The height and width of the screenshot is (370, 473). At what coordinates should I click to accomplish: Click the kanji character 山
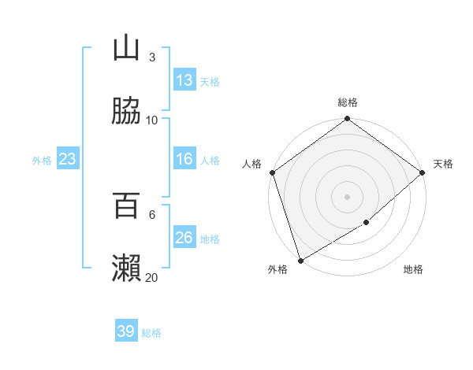[126, 48]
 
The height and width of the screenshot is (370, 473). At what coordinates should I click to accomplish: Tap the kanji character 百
[126, 205]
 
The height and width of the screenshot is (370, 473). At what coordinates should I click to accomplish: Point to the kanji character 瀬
[126, 268]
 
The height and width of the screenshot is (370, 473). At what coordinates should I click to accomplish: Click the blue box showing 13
[184, 80]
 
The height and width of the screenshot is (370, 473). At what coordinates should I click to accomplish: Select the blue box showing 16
[184, 159]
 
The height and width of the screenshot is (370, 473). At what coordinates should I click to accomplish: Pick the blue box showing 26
[184, 238]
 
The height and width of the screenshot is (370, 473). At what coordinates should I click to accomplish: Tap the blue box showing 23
[68, 159]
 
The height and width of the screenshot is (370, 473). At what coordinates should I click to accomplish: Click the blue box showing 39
[126, 331]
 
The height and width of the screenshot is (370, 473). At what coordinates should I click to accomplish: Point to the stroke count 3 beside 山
[152, 57]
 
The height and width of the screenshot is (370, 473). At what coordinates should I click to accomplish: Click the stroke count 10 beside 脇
[152, 120]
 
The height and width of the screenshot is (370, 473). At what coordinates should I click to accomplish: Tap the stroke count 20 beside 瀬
[152, 278]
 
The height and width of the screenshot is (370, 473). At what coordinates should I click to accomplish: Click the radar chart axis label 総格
[348, 103]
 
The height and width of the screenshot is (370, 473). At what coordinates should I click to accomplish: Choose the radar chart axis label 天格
[443, 164]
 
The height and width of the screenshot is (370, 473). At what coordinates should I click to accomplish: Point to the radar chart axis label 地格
[413, 270]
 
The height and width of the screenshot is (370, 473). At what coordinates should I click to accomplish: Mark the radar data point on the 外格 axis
[300, 260]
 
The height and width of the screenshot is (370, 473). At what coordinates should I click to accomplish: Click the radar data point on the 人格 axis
[272, 172]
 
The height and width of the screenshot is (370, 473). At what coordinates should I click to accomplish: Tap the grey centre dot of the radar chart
[348, 197]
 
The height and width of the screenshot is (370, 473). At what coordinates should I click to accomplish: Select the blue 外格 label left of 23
[42, 161]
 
